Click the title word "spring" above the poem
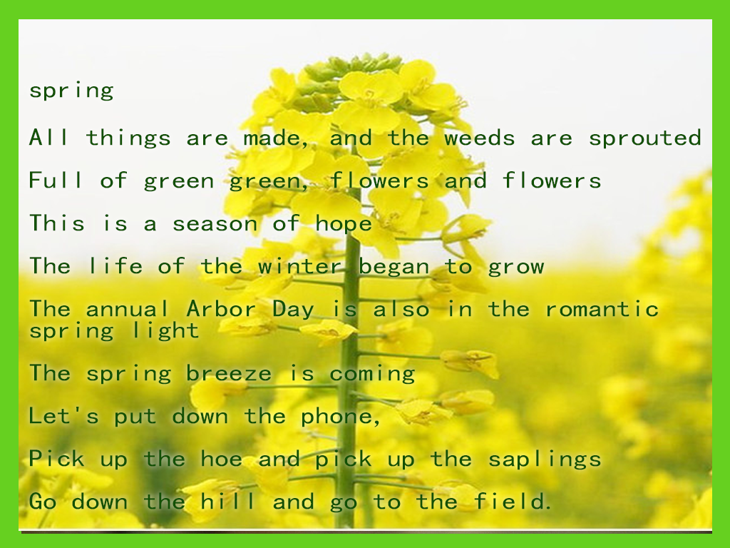pyautogui.click(x=71, y=91)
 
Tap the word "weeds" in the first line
pyautogui.click(x=480, y=138)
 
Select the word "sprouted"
pyautogui.click(x=644, y=138)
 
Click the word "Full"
pyautogui.click(x=56, y=181)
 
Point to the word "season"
pyautogui.click(x=215, y=223)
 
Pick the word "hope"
pyautogui.click(x=344, y=224)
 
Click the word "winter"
pyautogui.click(x=301, y=266)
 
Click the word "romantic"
pyautogui.click(x=602, y=309)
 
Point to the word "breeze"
pyautogui.click(x=229, y=373)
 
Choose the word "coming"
pyautogui.click(x=372, y=375)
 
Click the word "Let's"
pyautogui.click(x=63, y=416)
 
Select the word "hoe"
pyautogui.click(x=221, y=459)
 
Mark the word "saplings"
pyautogui.click(x=545, y=460)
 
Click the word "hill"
pyautogui.click(x=228, y=502)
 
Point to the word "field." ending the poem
pyautogui.click(x=513, y=502)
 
